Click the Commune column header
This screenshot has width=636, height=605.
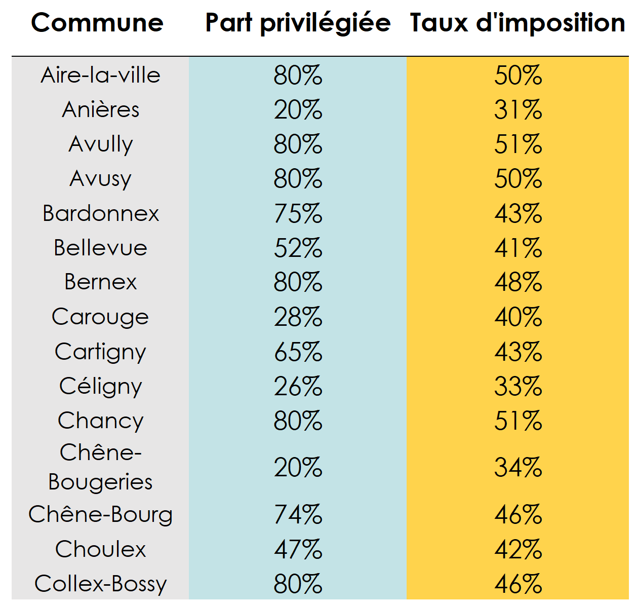coord(97,23)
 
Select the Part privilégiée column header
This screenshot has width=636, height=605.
coord(298,23)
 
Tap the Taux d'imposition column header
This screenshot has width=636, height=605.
coord(518,23)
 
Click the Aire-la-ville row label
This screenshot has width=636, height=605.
coord(101,75)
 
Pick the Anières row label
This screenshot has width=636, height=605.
coord(101,110)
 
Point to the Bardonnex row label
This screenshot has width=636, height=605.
coord(101,213)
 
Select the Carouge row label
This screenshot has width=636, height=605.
coord(101,317)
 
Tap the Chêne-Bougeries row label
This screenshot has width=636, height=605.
coord(101,467)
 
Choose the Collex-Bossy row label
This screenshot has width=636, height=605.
coord(101,584)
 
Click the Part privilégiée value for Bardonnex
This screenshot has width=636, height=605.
coord(298,213)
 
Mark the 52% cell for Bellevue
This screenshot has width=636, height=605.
coord(298,248)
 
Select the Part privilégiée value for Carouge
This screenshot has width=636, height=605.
coord(298,317)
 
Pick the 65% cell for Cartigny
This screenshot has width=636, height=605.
coord(298,352)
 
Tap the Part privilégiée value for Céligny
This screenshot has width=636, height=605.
coord(298,387)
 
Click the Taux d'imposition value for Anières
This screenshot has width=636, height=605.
coord(518,110)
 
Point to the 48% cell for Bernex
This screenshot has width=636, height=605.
coord(518,282)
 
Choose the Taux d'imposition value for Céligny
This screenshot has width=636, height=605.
coord(518,387)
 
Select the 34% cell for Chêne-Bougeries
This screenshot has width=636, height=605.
coord(518,467)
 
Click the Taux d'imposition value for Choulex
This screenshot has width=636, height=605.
coord(518,549)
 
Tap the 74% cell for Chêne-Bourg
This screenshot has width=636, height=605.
coord(298,515)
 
